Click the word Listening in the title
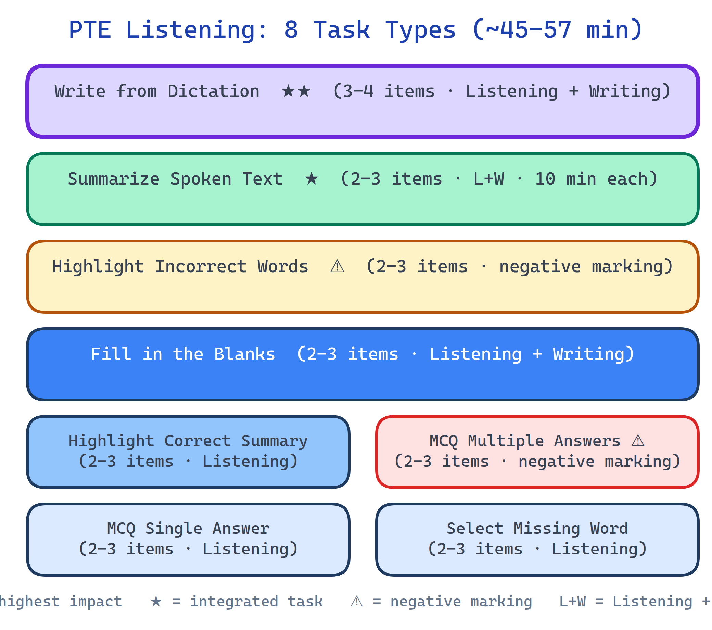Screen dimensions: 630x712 tap(196, 30)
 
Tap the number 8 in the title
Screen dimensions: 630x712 tap(291, 30)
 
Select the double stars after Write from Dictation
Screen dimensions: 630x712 tap(296, 91)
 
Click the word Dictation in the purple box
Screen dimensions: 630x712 tap(214, 91)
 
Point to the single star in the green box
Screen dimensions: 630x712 tap(311, 179)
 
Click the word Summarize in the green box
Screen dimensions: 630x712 tap(114, 179)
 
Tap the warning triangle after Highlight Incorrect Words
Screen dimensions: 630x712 tap(337, 267)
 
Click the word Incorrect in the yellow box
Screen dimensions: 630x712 tap(201, 267)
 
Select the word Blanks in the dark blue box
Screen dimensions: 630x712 tap(244, 354)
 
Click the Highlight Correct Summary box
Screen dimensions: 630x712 tap(188, 452)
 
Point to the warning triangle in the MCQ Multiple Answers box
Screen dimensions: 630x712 tap(638, 441)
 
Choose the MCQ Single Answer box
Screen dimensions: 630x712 tap(188, 539)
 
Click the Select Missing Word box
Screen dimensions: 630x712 tap(537, 539)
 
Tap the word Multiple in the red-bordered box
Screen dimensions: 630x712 tap(506, 441)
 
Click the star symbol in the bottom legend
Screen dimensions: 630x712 tap(156, 602)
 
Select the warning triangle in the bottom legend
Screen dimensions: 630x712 tap(357, 602)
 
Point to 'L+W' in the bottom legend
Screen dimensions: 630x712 tap(573, 602)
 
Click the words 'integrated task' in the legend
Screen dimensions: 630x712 tap(256, 602)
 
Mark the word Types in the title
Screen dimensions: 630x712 tap(420, 30)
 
